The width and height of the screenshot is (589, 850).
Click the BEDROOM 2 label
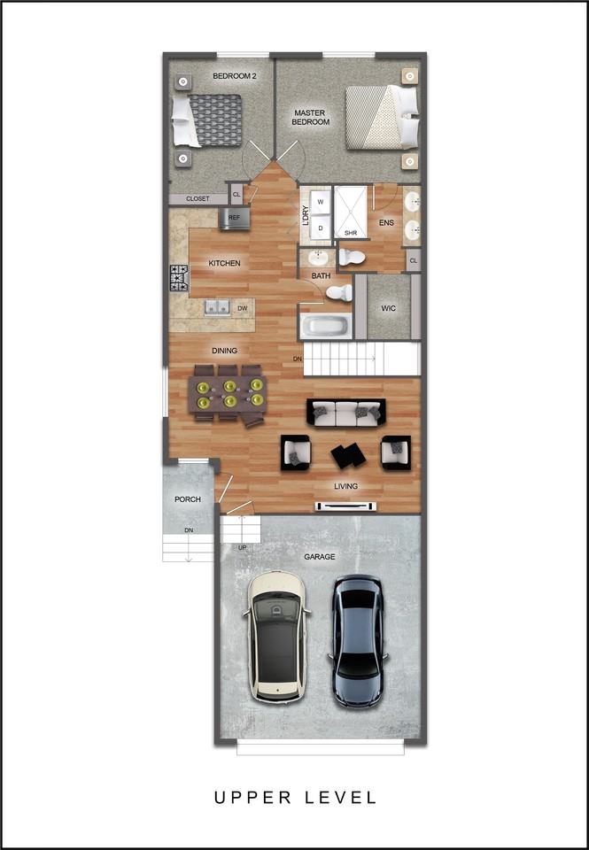click(x=234, y=77)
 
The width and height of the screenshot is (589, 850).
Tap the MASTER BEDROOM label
click(x=311, y=117)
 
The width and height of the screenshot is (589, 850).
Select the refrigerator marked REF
click(x=235, y=218)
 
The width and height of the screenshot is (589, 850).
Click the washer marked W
click(x=320, y=201)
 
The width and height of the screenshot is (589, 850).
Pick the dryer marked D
click(x=320, y=228)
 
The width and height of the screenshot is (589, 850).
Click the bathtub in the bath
click(x=326, y=326)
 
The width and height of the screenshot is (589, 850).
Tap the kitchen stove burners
click(x=179, y=278)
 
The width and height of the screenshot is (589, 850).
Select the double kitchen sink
click(x=217, y=307)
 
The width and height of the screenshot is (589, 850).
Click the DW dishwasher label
click(x=242, y=308)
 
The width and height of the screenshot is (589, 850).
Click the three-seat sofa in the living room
click(x=345, y=412)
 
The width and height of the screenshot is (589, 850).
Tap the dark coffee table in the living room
click(x=346, y=455)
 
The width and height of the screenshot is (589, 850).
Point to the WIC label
click(x=388, y=308)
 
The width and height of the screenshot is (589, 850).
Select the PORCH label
click(x=188, y=499)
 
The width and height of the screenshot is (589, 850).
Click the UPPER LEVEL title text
click(x=295, y=798)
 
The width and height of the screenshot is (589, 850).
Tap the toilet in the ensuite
click(x=353, y=257)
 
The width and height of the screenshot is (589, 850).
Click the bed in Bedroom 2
click(x=209, y=120)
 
